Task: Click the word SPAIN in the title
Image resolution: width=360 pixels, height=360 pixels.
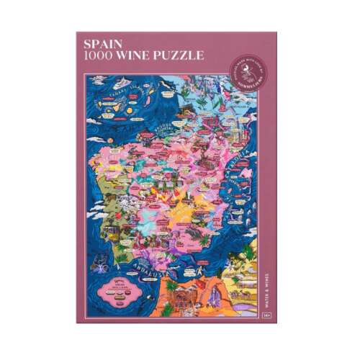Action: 101,44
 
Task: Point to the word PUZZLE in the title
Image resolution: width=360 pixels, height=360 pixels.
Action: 183,55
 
